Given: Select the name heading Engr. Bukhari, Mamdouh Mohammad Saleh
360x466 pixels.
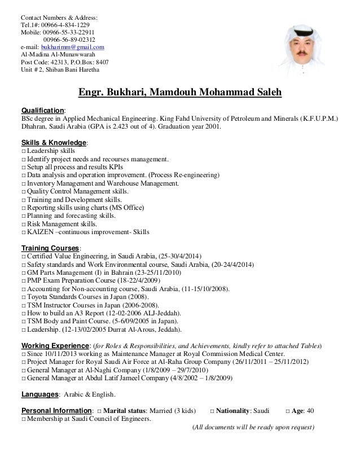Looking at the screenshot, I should click(x=180, y=92).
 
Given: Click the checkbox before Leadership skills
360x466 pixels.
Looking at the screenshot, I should click(x=23, y=151).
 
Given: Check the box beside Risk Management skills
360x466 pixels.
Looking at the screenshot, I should click(x=23, y=223).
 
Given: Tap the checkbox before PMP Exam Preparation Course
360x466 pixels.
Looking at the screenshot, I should click(x=23, y=280).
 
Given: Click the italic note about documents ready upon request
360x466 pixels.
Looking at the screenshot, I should click(x=253, y=427).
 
